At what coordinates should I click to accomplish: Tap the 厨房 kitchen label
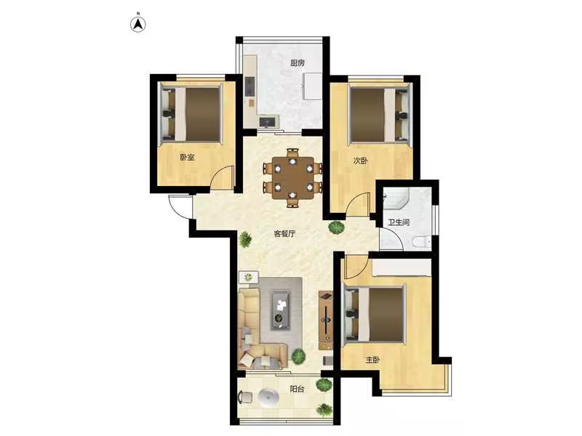click(298, 63)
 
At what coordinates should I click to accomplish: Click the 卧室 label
click(187, 157)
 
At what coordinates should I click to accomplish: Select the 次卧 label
click(360, 161)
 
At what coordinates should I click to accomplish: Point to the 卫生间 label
click(399, 222)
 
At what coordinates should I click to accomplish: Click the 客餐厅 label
click(284, 233)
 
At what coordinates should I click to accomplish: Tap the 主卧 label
click(373, 360)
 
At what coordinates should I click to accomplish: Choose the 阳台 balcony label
click(297, 389)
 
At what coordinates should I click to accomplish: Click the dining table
click(293, 178)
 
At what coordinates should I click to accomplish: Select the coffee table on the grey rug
click(281, 310)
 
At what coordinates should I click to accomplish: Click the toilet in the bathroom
click(422, 242)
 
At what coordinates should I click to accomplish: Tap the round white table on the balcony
click(268, 397)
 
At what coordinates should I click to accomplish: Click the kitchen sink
click(269, 121)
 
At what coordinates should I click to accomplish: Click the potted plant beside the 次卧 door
click(336, 227)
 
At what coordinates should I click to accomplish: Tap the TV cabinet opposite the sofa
click(326, 320)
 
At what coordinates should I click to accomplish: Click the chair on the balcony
click(245, 397)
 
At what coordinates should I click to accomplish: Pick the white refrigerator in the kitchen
click(312, 86)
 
